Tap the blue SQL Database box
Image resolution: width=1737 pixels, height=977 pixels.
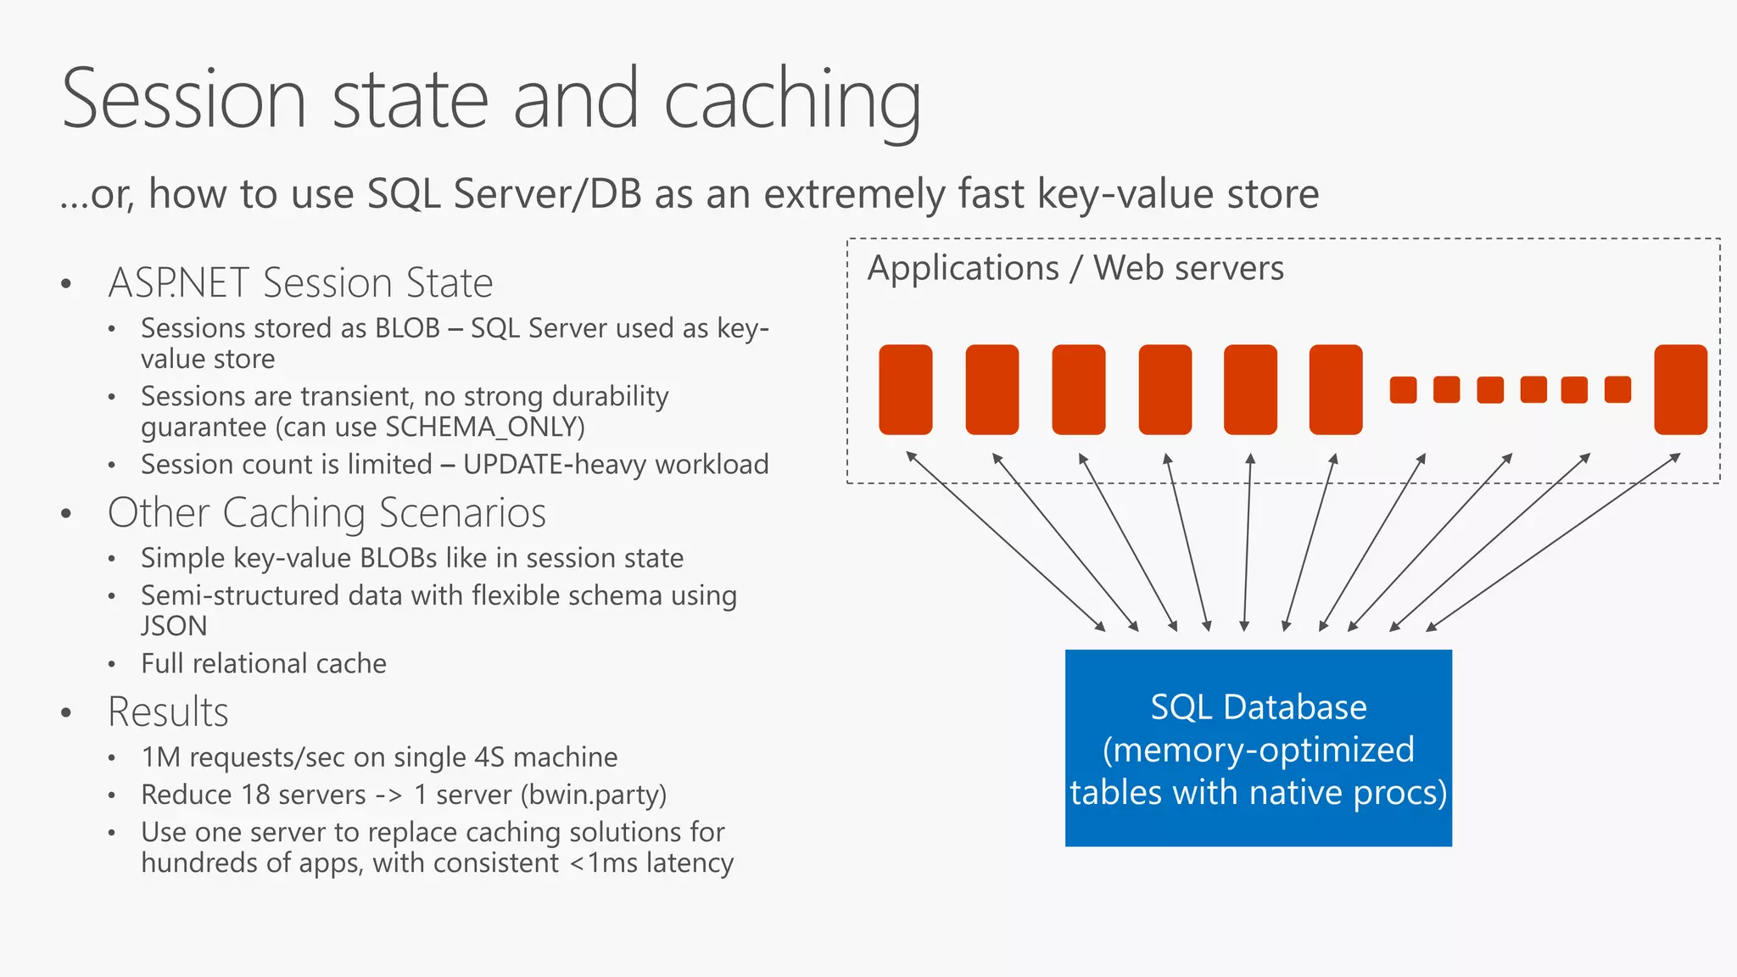click(1258, 748)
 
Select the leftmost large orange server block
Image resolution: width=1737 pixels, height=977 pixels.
click(905, 389)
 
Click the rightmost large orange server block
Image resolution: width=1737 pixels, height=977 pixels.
click(1680, 389)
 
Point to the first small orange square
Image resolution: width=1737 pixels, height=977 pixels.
click(1403, 390)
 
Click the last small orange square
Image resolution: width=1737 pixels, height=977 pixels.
click(1617, 390)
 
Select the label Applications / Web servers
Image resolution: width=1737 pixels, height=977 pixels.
click(1075, 268)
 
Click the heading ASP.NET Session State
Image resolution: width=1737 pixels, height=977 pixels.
click(300, 282)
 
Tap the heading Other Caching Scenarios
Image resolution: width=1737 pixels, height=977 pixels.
click(327, 512)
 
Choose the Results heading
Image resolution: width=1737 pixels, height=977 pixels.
click(168, 712)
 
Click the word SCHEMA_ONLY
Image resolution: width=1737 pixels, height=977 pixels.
click(484, 427)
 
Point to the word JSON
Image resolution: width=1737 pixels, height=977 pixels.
click(174, 626)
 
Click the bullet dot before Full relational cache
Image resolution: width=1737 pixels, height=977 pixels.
click(112, 664)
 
